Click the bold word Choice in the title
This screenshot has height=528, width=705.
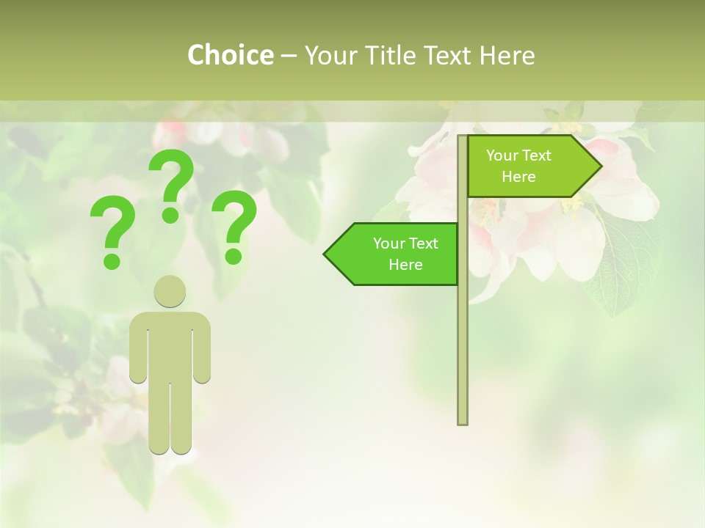(x=230, y=55)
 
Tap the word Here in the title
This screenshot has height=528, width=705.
(x=507, y=55)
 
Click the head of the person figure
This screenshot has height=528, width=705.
(x=170, y=291)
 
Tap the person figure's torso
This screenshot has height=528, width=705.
(x=170, y=345)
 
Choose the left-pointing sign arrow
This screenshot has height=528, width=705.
(x=393, y=254)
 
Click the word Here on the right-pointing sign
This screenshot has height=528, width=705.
(x=518, y=177)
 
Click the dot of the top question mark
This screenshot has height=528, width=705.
(x=170, y=215)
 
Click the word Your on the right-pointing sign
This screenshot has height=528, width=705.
(x=500, y=155)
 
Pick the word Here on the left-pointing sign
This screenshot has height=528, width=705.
(x=405, y=265)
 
